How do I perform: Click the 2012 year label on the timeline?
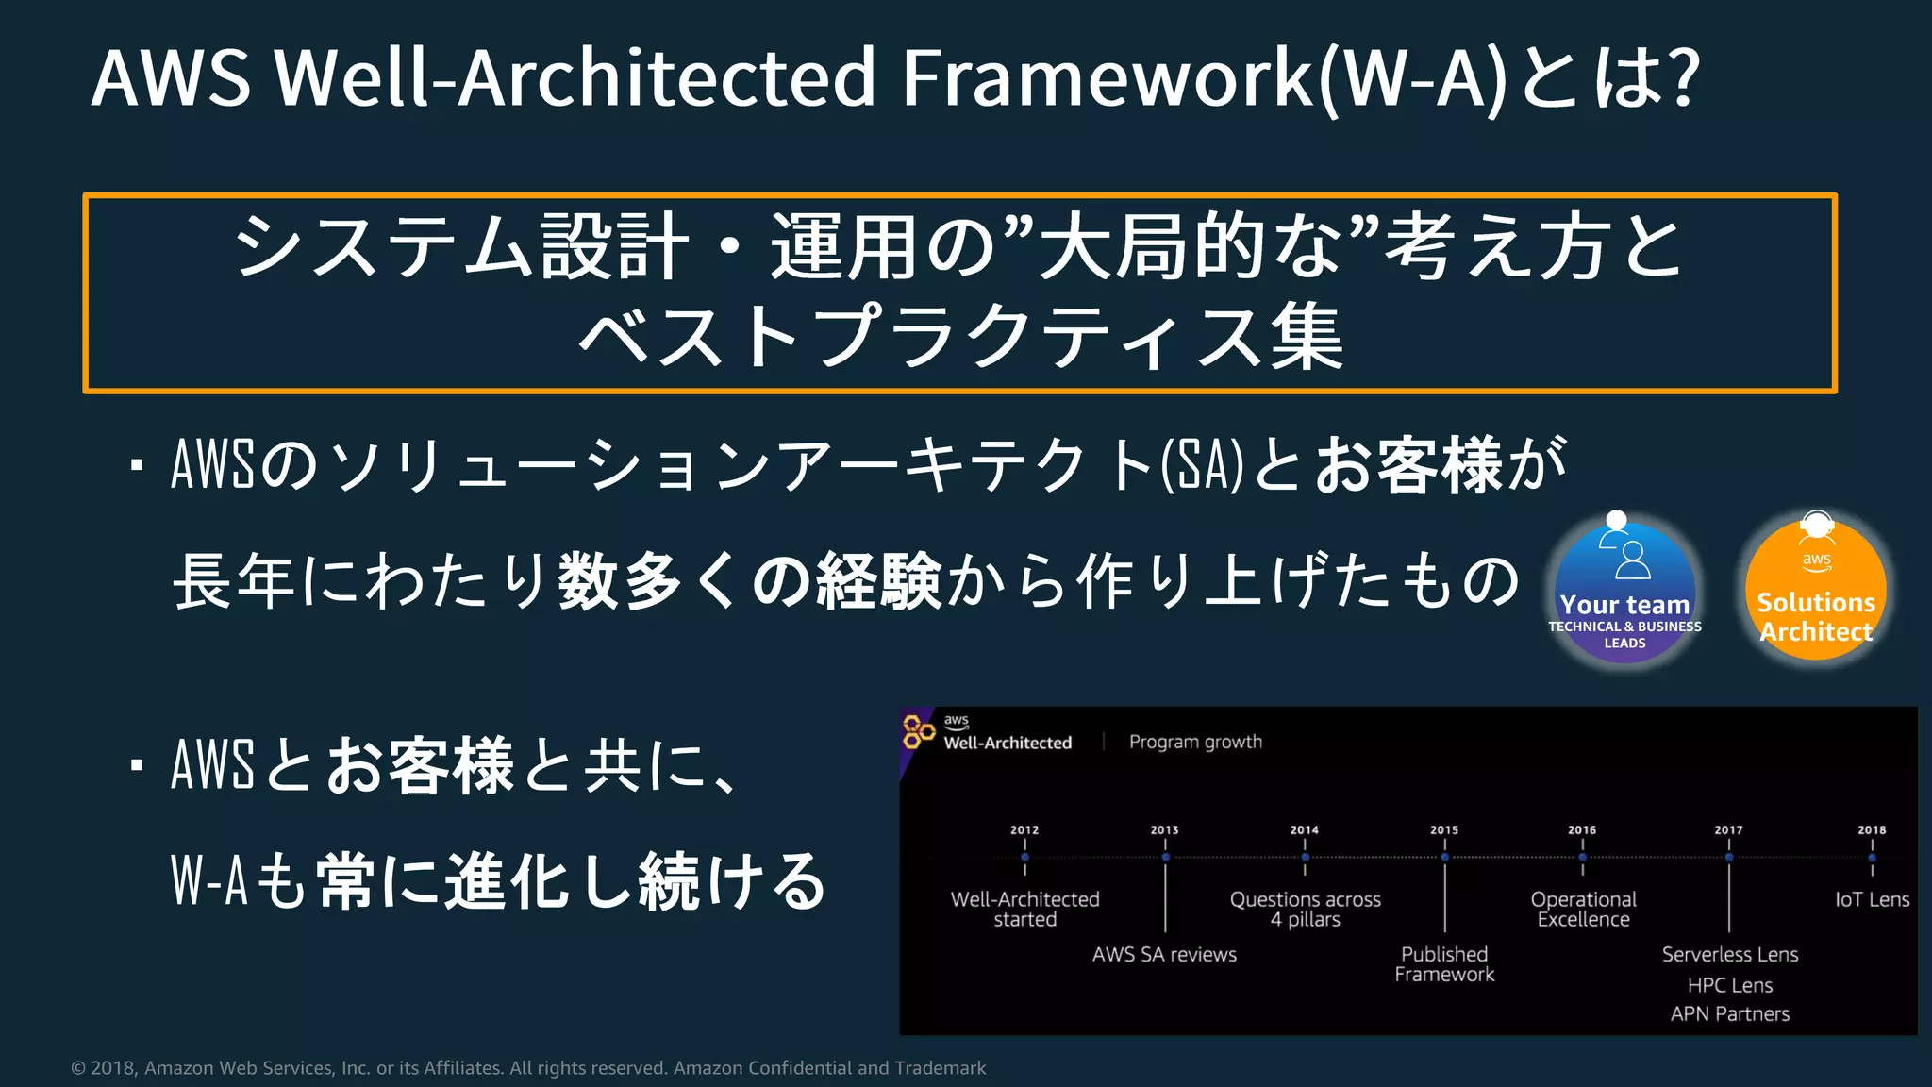(x=1024, y=830)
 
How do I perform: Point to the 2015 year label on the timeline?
(x=1444, y=830)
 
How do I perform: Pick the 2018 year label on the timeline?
(x=1872, y=830)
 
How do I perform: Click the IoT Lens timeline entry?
(x=1872, y=900)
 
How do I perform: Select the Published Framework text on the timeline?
(x=1444, y=964)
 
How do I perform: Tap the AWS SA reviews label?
(x=1164, y=955)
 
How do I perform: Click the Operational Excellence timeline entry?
(x=1583, y=910)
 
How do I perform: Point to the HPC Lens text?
(x=1730, y=985)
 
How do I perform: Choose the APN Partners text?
(x=1730, y=1014)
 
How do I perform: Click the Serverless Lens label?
(x=1730, y=955)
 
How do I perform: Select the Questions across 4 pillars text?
(x=1305, y=910)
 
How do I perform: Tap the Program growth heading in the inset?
(x=1195, y=743)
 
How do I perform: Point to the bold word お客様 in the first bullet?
(x=1407, y=465)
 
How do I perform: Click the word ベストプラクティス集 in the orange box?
(x=960, y=338)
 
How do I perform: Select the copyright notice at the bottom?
(x=528, y=1068)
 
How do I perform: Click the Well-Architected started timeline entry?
(x=1024, y=910)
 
